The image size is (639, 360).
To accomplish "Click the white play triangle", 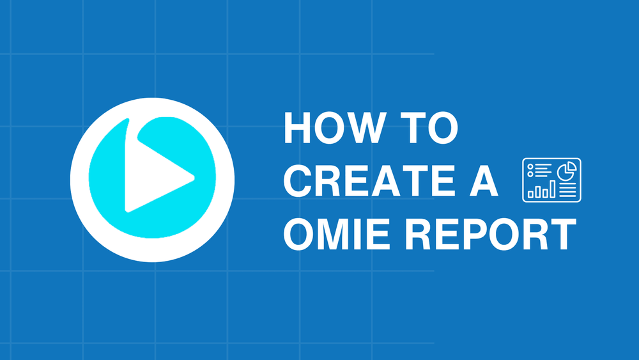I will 153,175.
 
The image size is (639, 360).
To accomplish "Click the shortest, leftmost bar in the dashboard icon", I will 530,192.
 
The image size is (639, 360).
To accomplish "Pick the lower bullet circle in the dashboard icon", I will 530,175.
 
